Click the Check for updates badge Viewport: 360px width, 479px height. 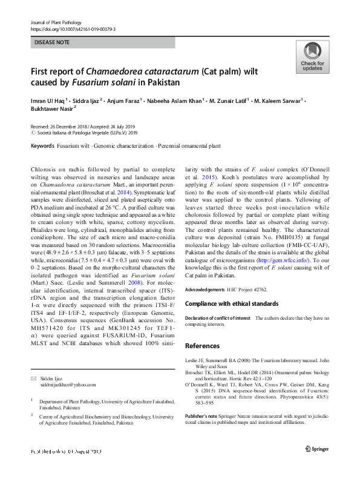(x=312, y=57)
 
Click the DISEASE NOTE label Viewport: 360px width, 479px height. (x=54, y=43)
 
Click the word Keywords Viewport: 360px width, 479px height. (x=42, y=146)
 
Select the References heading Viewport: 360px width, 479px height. (x=202, y=346)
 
